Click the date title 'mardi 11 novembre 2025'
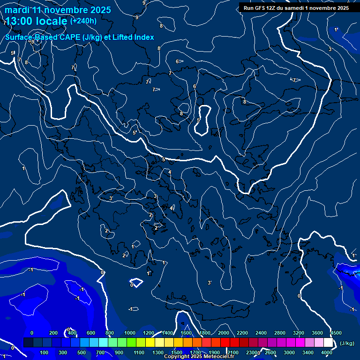[58, 10]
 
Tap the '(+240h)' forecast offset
[83, 21]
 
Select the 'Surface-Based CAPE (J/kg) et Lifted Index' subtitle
[80, 37]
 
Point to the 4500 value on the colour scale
[336, 333]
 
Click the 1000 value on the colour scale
[130, 333]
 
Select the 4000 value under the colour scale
[327, 352]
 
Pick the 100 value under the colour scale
[45, 352]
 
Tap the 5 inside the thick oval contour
[199, 120]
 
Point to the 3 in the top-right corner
[330, 49]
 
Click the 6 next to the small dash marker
[177, 61]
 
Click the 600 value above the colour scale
[91, 333]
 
